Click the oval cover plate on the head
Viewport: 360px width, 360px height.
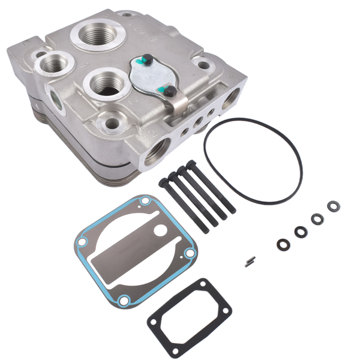[150, 77]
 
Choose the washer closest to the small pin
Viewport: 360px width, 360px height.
[281, 244]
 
